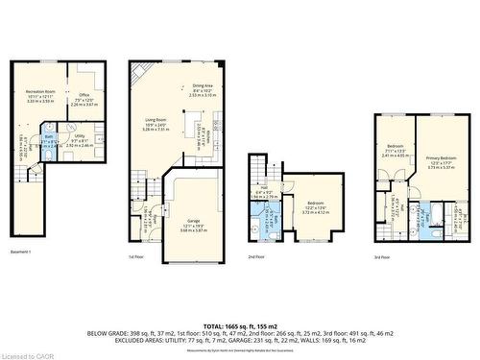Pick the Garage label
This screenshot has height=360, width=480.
pos(193,220)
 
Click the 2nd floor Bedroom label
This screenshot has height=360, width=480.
pos(316,204)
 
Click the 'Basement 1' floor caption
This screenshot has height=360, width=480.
pos(21,252)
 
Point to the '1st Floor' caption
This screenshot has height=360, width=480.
pos(136,257)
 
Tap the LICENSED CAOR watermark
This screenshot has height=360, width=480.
pos(26,354)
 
